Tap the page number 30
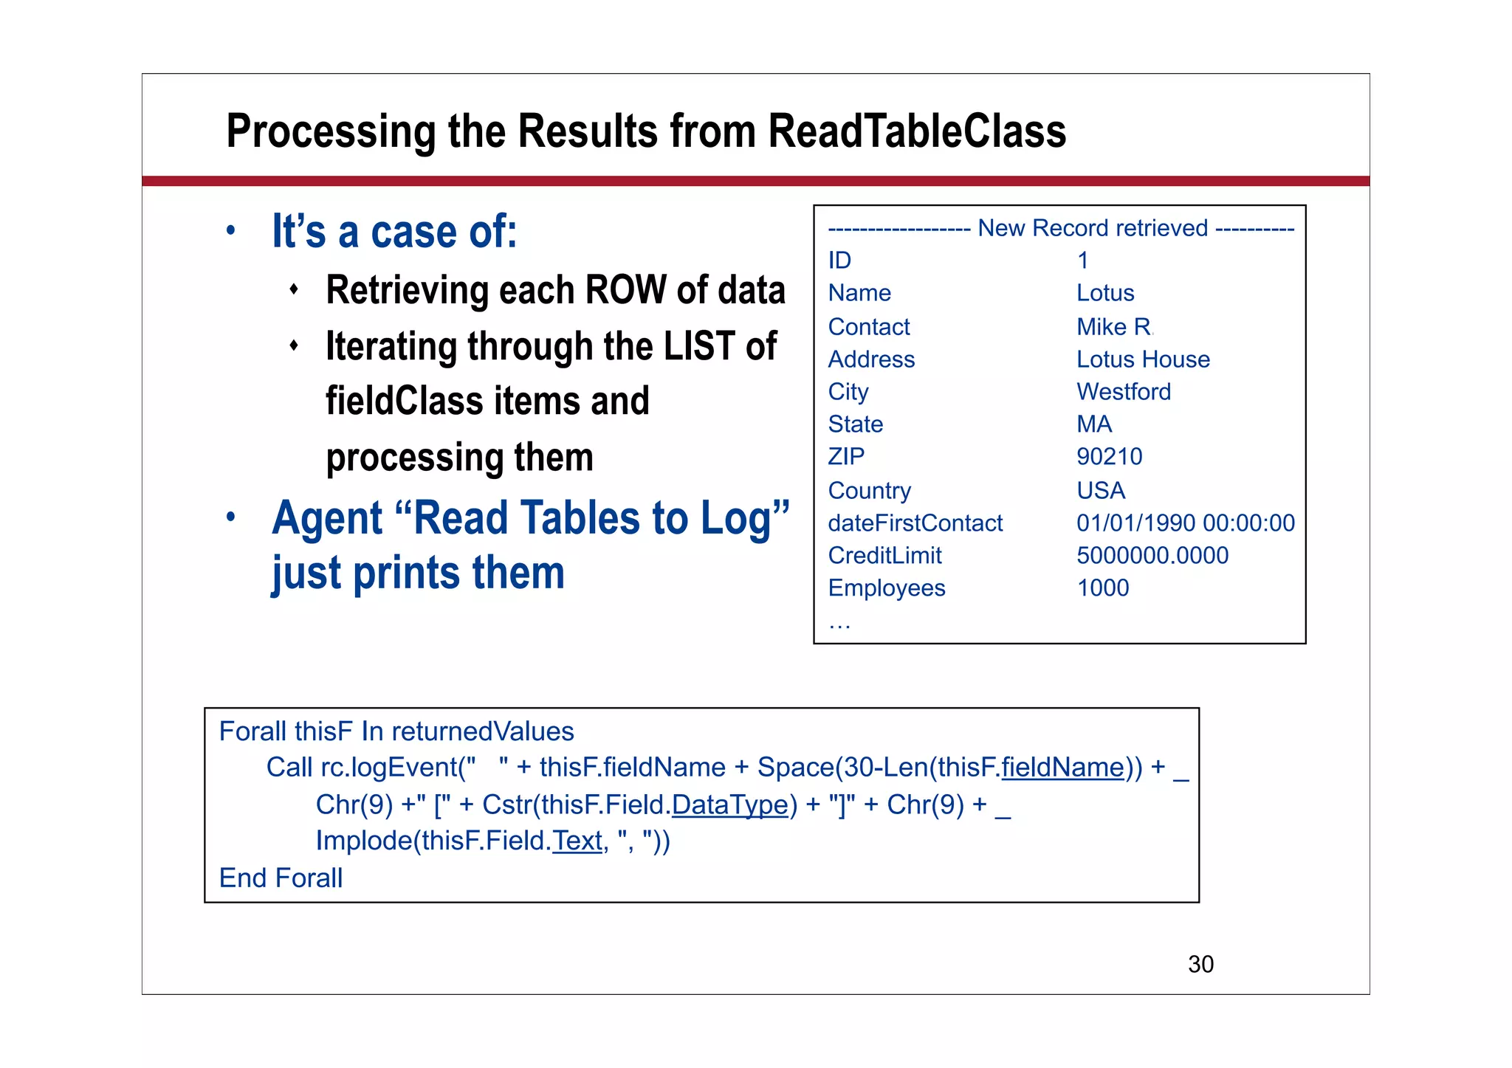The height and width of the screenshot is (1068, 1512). coord(1200,964)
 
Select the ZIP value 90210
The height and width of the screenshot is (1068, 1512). coord(1109,457)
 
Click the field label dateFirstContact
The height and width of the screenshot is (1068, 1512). coord(915,523)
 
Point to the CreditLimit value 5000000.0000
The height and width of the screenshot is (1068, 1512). coord(1152,556)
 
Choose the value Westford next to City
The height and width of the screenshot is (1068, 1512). coord(1123,392)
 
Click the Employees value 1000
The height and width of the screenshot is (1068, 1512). coord(1102,588)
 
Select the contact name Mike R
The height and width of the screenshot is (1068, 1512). coord(1113,326)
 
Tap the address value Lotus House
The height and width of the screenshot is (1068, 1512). coord(1143,359)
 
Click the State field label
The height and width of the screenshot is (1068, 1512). coord(855,424)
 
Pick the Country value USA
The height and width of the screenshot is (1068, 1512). coord(1100,491)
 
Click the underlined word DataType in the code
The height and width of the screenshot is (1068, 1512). coord(729,805)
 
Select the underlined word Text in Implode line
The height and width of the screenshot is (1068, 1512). coord(577,841)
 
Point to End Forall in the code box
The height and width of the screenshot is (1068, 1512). coord(281,878)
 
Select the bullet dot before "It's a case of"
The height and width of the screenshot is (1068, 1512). coord(231,231)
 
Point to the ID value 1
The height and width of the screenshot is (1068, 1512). coord(1082,261)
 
